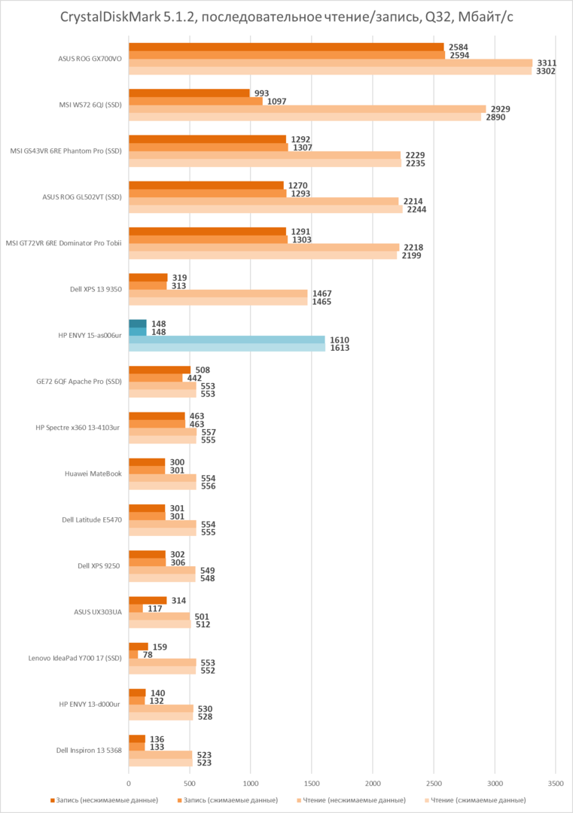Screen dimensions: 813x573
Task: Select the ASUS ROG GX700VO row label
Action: pyautogui.click(x=90, y=59)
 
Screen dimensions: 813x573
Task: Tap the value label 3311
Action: pyautogui.click(x=547, y=63)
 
